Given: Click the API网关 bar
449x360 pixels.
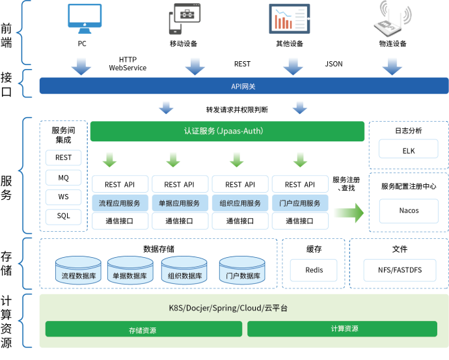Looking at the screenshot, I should tap(243, 86).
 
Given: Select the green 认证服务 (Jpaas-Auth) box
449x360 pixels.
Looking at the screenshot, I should tap(226, 131).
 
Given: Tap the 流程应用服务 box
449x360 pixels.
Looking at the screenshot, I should tap(120, 203).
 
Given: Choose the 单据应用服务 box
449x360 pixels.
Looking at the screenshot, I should tap(180, 203).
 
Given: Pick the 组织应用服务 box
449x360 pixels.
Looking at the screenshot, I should tap(239, 203).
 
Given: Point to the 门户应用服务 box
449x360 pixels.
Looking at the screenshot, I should tap(299, 203).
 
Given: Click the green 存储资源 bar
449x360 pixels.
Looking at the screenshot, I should tap(143, 329).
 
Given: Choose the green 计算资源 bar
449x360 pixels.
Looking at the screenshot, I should tap(342, 329).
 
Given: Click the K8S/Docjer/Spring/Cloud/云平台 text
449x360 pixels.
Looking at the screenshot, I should tap(224, 308).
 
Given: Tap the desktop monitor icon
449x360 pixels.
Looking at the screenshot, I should tap(85, 18).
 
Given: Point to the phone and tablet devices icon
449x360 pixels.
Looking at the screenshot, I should tap(184, 20).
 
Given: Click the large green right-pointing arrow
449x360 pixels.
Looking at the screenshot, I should tap(348, 213).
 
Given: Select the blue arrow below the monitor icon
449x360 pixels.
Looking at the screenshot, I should tap(81, 66).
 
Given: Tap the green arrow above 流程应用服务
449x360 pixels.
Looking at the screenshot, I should tap(111, 159).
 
